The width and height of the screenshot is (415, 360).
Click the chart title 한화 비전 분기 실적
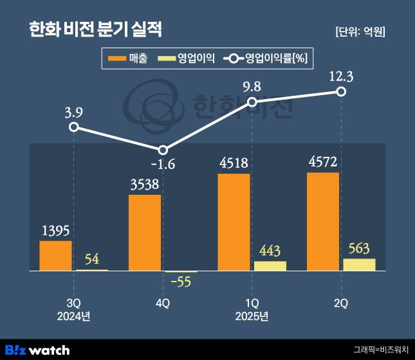[95, 29]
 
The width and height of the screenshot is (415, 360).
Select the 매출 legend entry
[129, 59]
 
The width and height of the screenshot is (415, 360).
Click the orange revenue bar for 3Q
[55, 255]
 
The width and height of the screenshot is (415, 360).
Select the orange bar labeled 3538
[145, 232]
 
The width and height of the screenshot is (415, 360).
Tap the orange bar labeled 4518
[234, 222]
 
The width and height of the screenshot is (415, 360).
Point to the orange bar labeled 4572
[323, 221]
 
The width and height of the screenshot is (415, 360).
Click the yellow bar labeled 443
[270, 265]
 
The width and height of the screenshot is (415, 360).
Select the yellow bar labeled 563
[359, 264]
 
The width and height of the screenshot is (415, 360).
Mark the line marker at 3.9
[74, 127]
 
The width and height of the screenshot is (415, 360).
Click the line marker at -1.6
[163, 149]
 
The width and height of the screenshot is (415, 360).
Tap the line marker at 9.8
[252, 102]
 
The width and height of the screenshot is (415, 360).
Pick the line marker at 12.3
[342, 92]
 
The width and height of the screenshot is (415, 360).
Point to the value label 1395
[56, 230]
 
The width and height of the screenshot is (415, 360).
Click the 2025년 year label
[252, 316]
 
